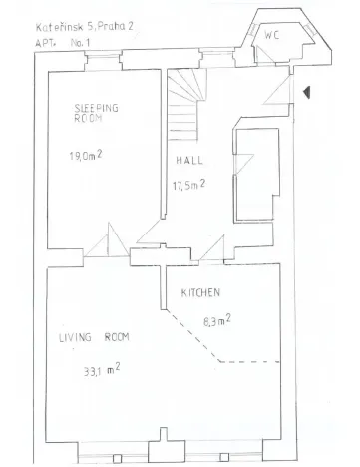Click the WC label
pos(272,36)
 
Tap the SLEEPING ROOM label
pos(96,112)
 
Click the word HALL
pos(190,161)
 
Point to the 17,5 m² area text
pos(189,185)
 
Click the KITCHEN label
pos(200,293)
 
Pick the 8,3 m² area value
pos(217,320)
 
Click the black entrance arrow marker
pos(308,92)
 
